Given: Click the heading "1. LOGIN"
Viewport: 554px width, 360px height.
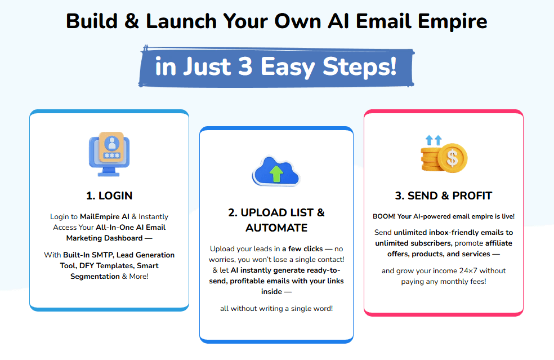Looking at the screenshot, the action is tap(109, 195).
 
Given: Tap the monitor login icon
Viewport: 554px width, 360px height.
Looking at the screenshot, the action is tap(109, 154).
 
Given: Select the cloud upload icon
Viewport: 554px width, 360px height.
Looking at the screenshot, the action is tap(276, 171).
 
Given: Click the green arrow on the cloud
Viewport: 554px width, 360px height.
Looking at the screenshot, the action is tap(276, 174).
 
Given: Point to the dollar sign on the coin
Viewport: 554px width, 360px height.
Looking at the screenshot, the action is tap(452, 158).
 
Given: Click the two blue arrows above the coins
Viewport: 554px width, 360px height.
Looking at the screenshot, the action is tap(434, 140).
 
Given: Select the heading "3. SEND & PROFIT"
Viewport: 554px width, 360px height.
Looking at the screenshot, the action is tap(444, 195).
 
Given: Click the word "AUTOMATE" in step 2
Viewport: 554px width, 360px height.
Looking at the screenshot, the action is tap(276, 228).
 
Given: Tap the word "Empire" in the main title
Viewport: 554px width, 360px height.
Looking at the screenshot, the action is tap(453, 21).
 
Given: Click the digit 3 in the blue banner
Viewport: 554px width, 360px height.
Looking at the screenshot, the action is tap(245, 66).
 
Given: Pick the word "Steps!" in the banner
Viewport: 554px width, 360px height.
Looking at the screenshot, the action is tap(360, 67).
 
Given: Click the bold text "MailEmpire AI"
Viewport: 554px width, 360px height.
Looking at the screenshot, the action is tap(105, 216).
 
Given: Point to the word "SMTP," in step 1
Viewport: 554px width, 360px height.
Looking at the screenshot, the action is tap(102, 255).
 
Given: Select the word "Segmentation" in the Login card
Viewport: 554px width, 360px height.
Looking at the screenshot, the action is tap(95, 277).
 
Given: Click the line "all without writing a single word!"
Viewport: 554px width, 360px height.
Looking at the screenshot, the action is tap(276, 308).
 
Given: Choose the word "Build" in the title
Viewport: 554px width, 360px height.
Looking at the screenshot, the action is tap(92, 21).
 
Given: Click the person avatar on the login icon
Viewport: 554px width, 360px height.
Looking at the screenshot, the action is tap(112, 143).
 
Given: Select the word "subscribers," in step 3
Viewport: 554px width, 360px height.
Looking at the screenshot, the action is tap(431, 243).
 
